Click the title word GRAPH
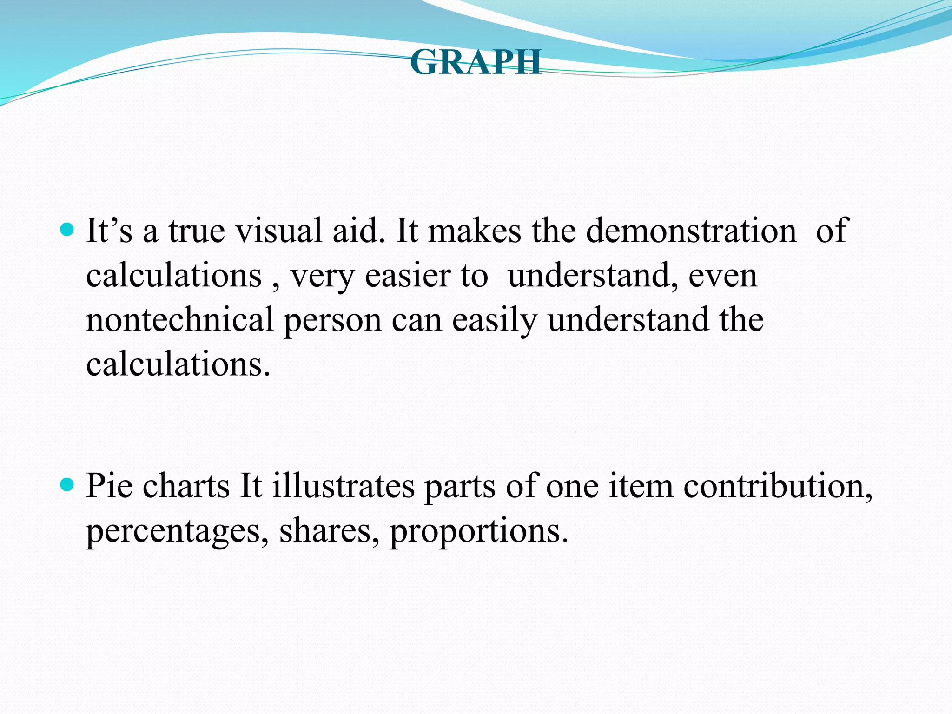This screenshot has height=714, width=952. pos(476,62)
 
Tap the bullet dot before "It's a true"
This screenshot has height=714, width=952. pos(68,230)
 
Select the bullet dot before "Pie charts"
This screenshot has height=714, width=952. pos(68,485)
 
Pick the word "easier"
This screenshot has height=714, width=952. pos(408,275)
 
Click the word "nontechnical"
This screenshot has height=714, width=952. pos(180,320)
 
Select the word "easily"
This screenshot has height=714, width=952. pos(495,321)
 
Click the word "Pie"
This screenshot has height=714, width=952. pos(109,486)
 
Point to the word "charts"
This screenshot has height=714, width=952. pos(186,486)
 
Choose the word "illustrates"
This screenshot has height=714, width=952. pos(343,486)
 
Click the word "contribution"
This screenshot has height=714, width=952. pos(778,486)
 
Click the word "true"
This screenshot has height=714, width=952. pos(197,231)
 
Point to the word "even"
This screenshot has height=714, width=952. pos(723,276)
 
